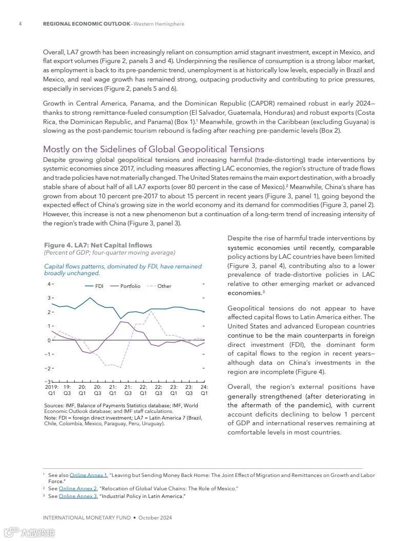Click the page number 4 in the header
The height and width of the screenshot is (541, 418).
click(x=20, y=24)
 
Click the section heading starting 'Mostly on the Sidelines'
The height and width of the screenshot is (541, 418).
click(x=153, y=149)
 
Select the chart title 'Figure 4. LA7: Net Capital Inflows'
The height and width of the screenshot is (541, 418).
click(x=98, y=245)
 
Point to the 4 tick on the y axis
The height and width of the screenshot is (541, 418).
click(x=49, y=284)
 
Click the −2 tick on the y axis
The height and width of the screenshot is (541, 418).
click(x=48, y=368)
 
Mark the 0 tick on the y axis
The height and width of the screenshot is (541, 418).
click(x=49, y=340)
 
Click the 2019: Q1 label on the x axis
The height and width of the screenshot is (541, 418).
click(x=52, y=390)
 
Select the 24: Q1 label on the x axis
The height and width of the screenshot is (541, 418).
click(x=204, y=390)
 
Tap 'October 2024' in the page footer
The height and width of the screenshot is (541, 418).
click(x=155, y=518)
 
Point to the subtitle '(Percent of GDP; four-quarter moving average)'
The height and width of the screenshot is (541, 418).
click(x=109, y=253)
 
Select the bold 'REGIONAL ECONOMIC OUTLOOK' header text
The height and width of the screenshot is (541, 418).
click(x=86, y=24)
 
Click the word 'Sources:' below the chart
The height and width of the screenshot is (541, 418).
click(x=54, y=406)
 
